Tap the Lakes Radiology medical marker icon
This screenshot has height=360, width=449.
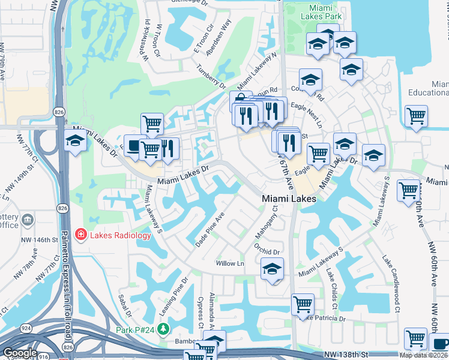click(x=79, y=235)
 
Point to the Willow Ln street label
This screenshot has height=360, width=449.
click(x=231, y=263)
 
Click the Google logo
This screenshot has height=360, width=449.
click(x=20, y=353)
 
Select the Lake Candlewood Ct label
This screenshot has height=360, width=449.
click(x=391, y=284)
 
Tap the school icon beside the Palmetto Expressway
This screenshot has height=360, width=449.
click(x=75, y=141)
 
